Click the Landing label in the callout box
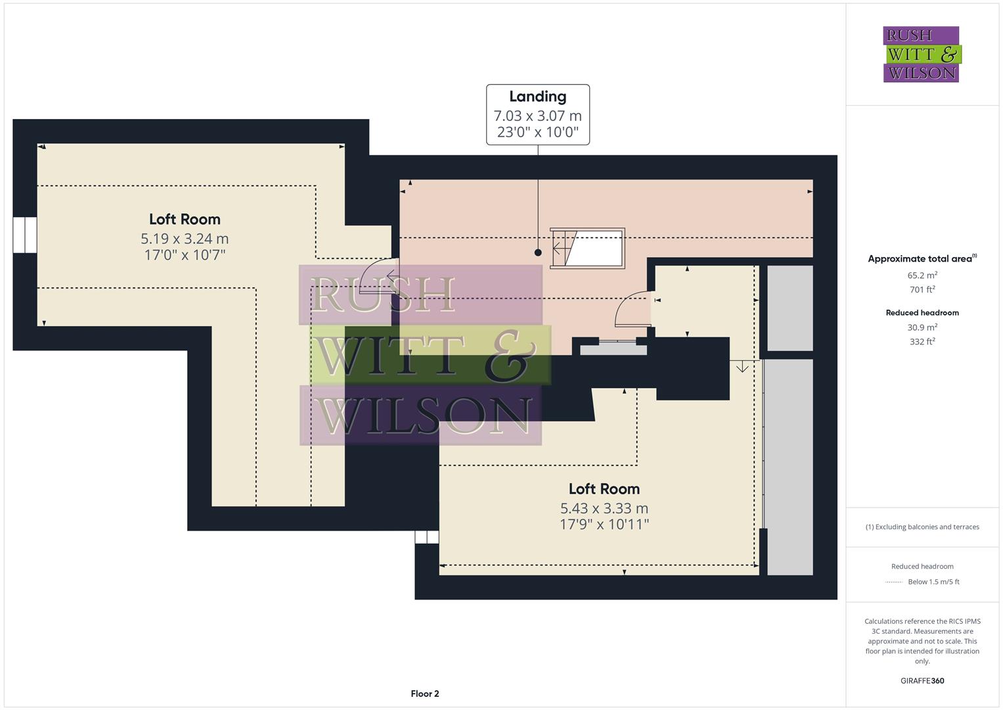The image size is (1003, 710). click(537, 97)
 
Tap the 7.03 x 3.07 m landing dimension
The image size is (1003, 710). click(537, 116)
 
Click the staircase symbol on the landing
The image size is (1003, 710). click(587, 248)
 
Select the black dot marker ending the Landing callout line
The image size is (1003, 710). click(538, 252)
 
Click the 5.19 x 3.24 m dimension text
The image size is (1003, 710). click(185, 239)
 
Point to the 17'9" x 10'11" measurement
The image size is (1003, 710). click(604, 525)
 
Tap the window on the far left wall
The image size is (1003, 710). click(25, 235)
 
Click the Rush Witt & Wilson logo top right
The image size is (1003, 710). click(921, 55)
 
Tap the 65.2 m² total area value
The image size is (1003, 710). click(922, 275)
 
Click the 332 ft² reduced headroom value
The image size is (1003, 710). click(922, 342)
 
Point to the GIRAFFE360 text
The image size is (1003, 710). click(922, 681)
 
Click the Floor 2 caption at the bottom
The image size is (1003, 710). click(424, 694)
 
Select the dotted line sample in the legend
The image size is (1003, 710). click(894, 582)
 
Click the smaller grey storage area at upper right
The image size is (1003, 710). click(790, 308)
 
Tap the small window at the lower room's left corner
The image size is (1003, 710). click(426, 537)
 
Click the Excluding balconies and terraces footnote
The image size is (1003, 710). click(922, 527)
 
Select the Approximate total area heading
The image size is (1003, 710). click(922, 259)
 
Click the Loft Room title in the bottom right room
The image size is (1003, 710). click(604, 489)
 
